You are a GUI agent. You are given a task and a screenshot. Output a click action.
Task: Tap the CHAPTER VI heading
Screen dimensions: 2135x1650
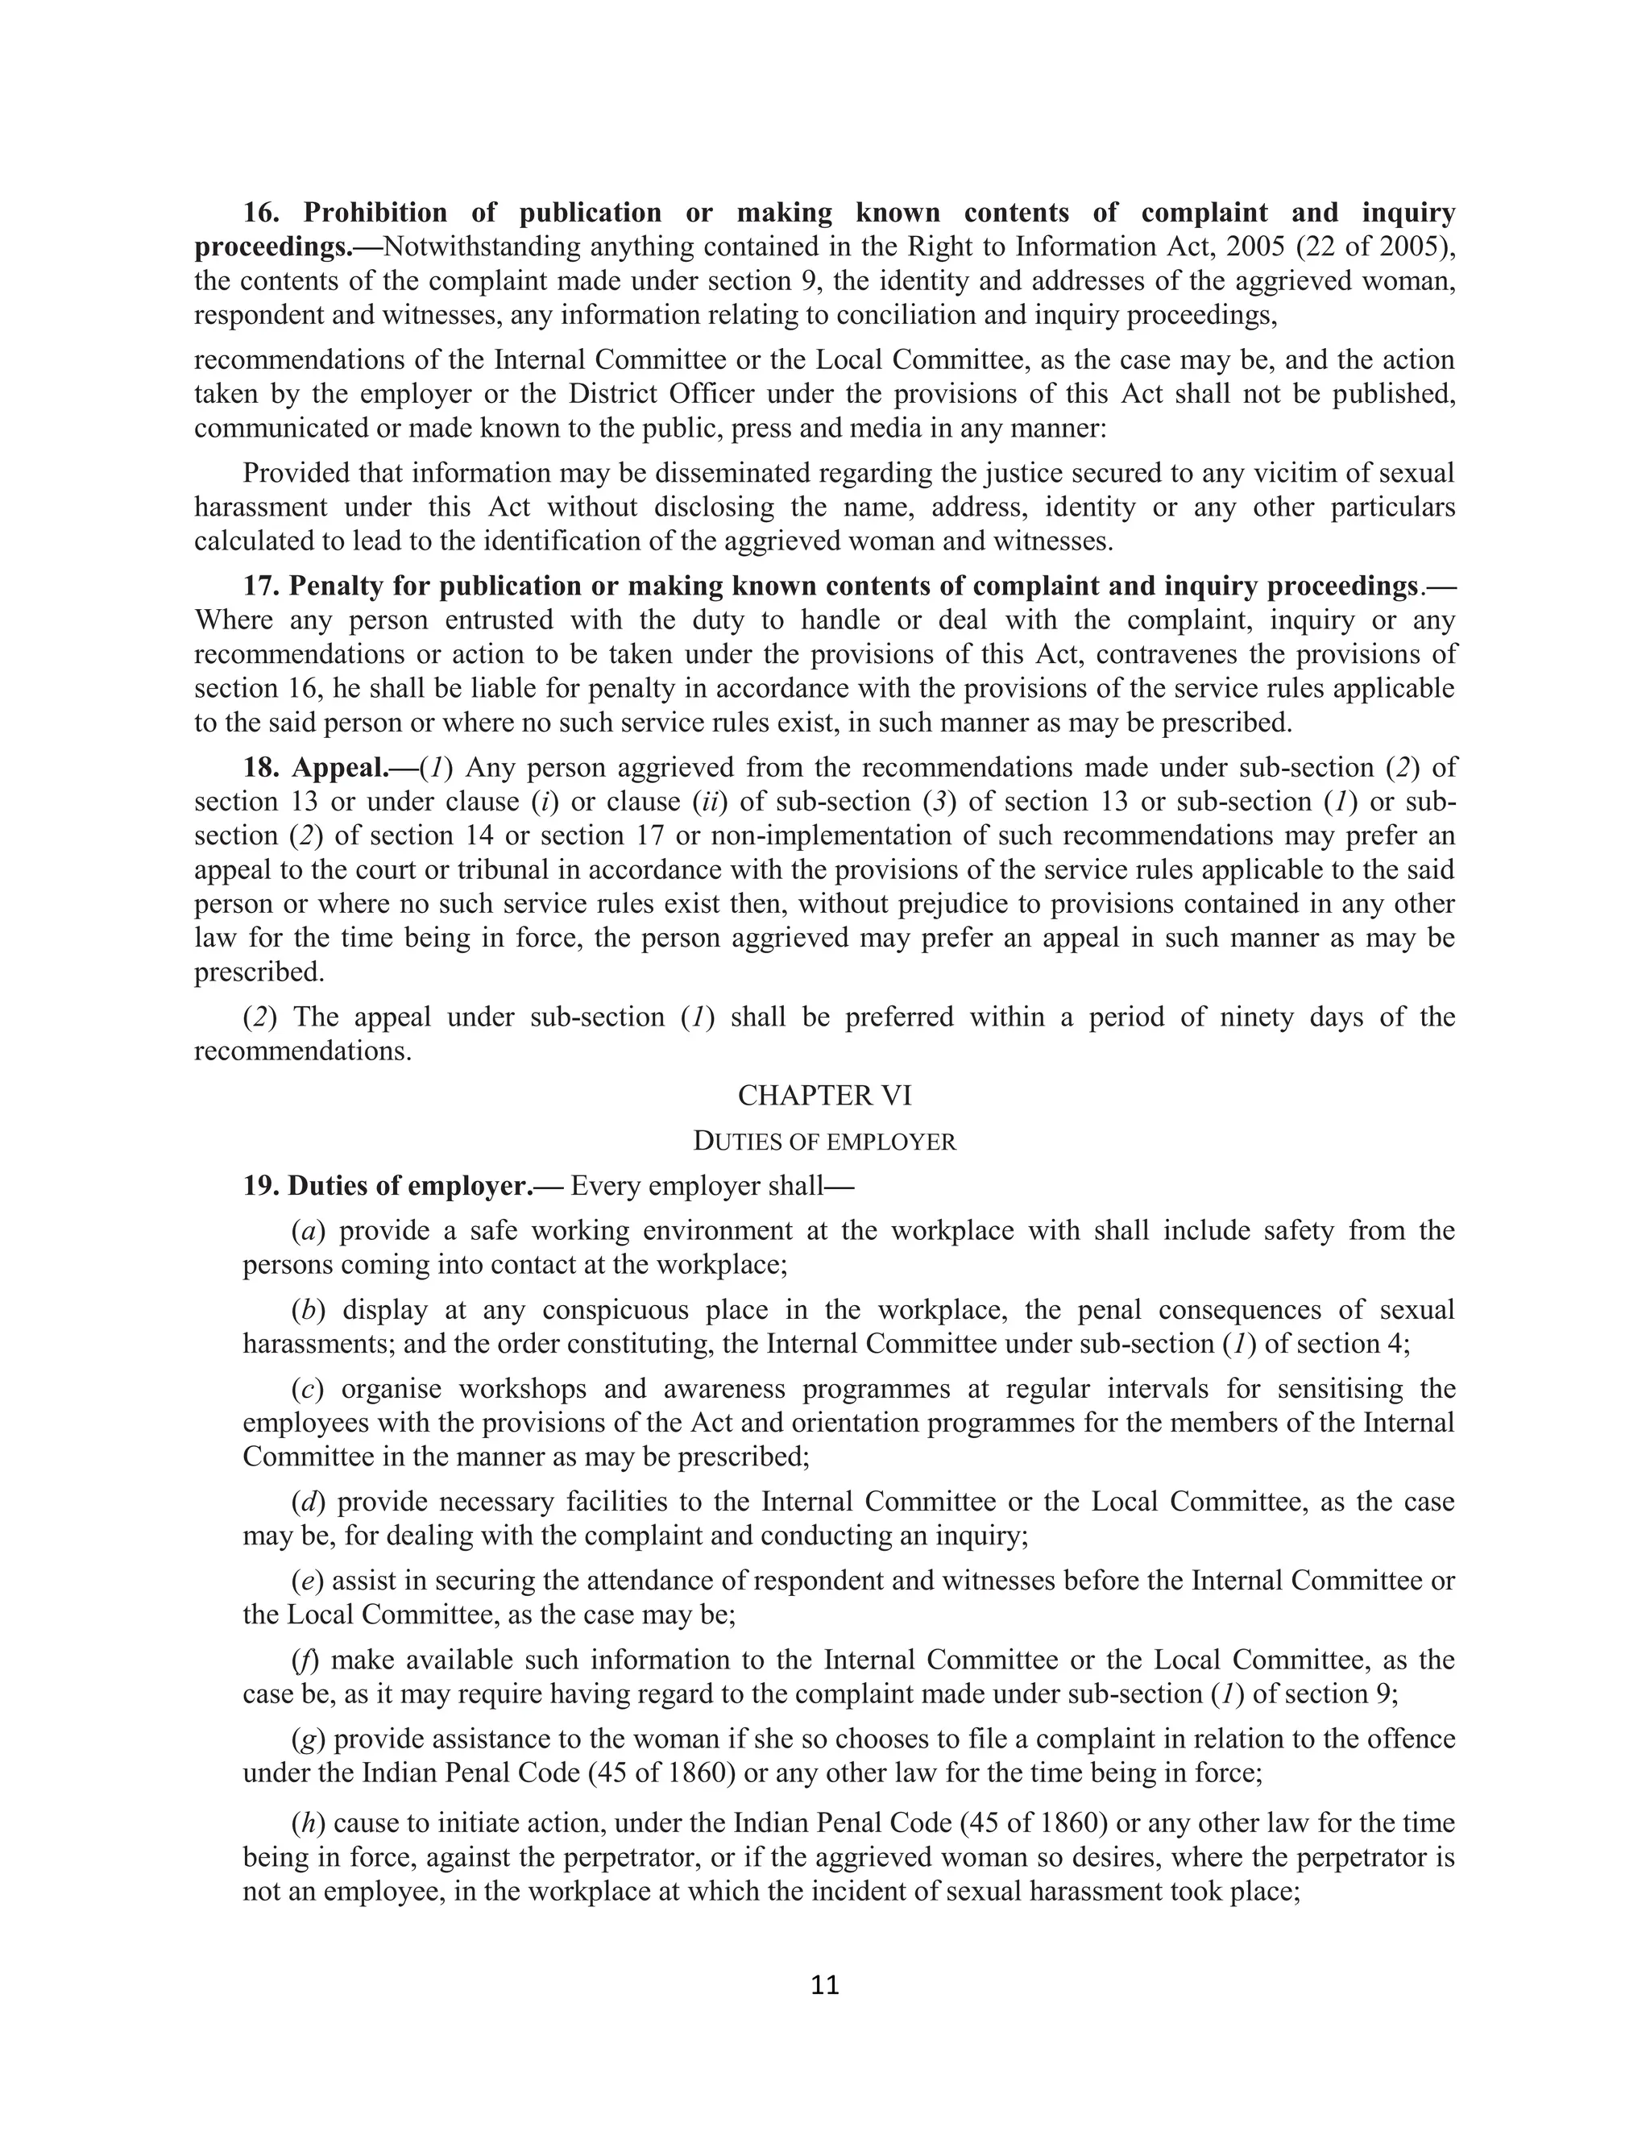point(824,1096)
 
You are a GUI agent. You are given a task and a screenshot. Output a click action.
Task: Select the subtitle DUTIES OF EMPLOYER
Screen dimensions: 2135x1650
point(824,1141)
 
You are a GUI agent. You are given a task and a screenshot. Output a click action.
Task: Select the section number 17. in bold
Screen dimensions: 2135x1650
point(262,586)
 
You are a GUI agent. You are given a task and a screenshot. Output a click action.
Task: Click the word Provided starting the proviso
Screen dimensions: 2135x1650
point(300,473)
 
